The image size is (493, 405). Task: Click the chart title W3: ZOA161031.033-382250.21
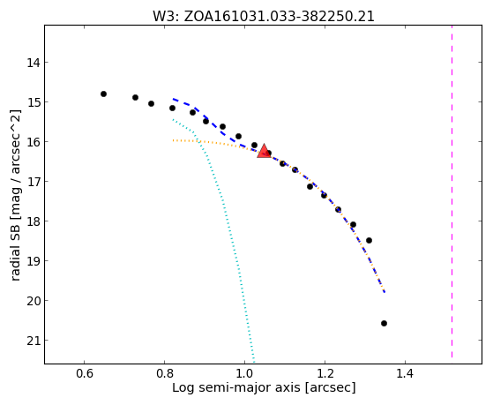(264, 17)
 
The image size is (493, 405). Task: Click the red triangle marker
(264, 151)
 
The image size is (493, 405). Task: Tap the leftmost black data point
(103, 94)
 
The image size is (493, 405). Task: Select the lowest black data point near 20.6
(384, 323)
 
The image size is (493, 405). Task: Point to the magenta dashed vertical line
(452, 191)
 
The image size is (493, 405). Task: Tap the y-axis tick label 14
(33, 63)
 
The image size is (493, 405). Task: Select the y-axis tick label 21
(33, 341)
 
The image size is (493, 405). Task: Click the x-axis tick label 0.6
(85, 374)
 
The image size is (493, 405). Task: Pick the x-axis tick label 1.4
(405, 374)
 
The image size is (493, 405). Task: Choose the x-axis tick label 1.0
(244, 374)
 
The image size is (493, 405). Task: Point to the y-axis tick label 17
(33, 182)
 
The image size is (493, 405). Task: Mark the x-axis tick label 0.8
(164, 374)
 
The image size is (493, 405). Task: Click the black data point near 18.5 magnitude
(370, 240)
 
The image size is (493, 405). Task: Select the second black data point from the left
(135, 98)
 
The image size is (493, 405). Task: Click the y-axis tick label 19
(33, 261)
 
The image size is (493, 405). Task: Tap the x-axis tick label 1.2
(325, 374)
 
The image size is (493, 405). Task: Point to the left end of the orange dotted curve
(173, 140)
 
